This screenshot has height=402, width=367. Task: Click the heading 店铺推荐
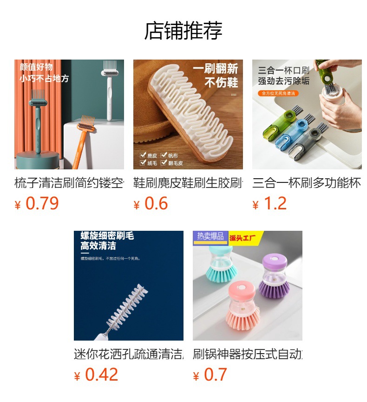click(x=183, y=31)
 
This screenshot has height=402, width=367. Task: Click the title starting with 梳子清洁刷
click(x=69, y=183)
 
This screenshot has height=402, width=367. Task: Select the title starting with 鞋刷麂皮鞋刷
click(x=188, y=183)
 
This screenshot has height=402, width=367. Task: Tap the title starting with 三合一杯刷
click(x=307, y=183)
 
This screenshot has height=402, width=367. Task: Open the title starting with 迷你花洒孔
click(x=129, y=354)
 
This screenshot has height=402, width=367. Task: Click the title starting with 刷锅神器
click(x=248, y=354)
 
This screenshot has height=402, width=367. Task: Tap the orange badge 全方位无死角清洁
click(x=278, y=93)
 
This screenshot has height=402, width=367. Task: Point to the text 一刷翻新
click(x=215, y=69)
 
